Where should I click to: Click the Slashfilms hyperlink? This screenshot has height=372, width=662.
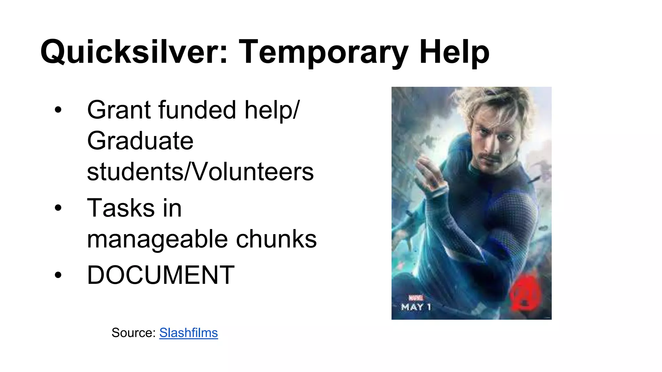click(x=188, y=333)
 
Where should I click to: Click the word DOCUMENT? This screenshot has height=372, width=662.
click(x=161, y=275)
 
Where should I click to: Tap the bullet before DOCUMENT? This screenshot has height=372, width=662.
click(x=58, y=275)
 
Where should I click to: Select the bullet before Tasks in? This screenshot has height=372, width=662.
click(x=58, y=208)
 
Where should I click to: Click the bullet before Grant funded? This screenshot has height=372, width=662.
click(x=58, y=110)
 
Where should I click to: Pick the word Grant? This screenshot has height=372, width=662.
click(x=119, y=110)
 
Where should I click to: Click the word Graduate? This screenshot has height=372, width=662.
click(x=140, y=141)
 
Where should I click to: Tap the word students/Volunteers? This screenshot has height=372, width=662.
click(x=200, y=172)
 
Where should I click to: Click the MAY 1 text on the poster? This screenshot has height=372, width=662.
click(x=416, y=307)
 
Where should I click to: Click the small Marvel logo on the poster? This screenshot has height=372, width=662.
click(x=416, y=298)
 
